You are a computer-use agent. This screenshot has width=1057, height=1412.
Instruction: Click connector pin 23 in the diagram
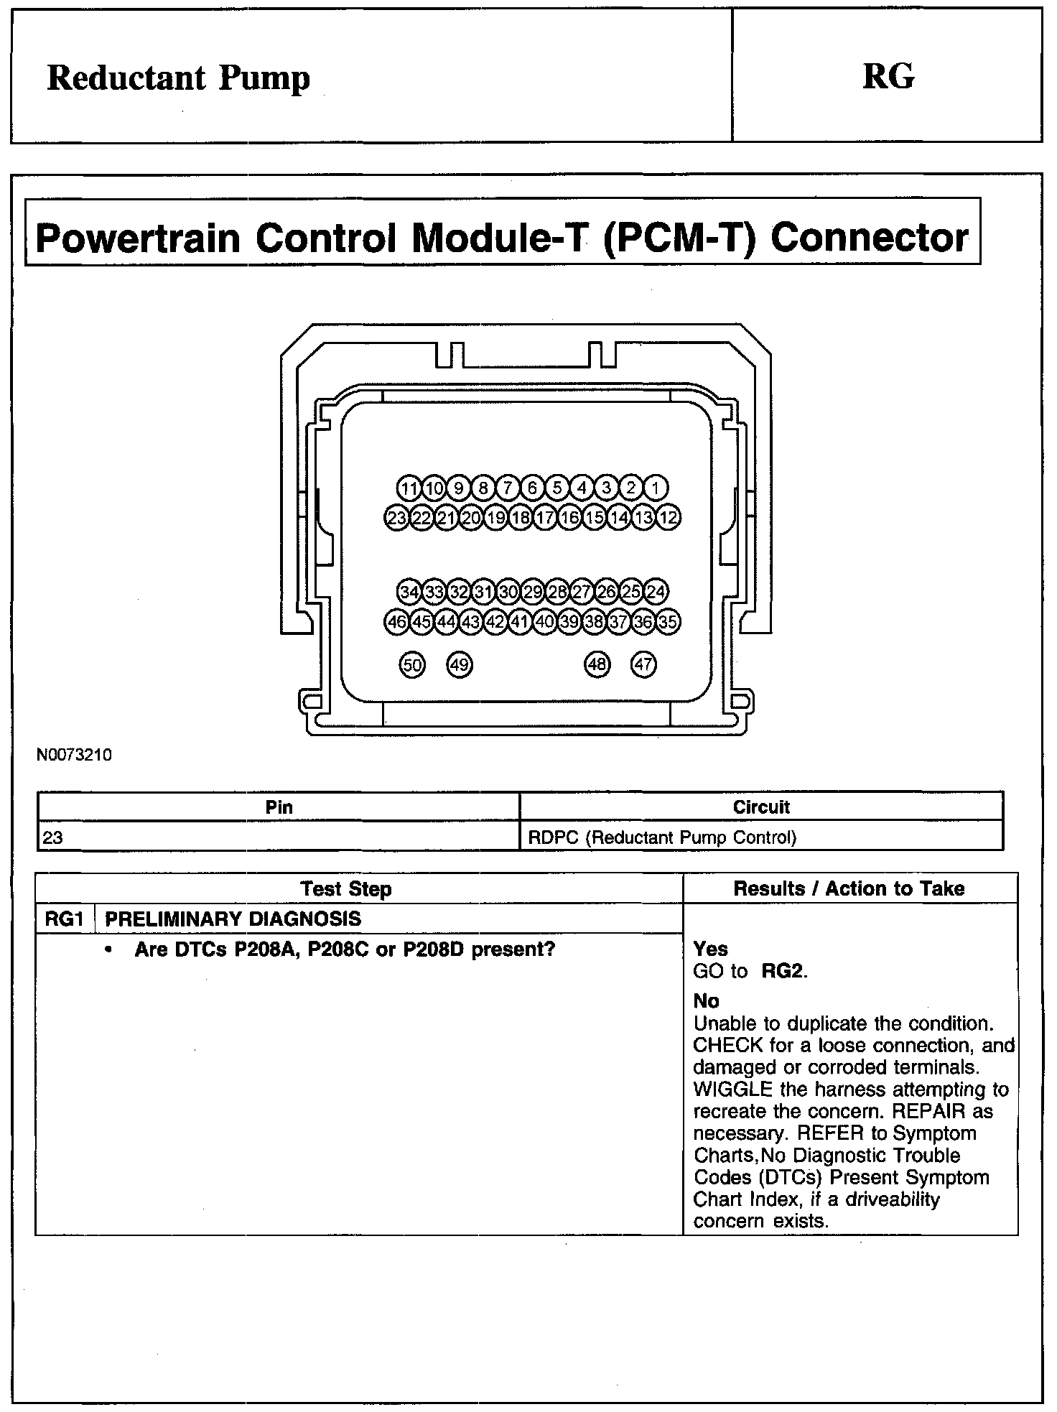[396, 517]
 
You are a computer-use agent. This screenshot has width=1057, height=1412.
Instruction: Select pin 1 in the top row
[656, 488]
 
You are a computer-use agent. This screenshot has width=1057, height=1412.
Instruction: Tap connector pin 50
[411, 665]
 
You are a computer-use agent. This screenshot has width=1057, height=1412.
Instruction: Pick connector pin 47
[643, 665]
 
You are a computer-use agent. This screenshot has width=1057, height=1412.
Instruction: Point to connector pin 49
[460, 665]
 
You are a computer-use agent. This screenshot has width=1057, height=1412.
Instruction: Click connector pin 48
[597, 665]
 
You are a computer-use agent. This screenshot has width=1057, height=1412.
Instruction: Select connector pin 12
[669, 517]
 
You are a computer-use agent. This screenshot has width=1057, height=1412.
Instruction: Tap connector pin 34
[409, 593]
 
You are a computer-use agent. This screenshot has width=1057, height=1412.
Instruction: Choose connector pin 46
[396, 622]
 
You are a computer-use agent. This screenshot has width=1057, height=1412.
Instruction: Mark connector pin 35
[669, 622]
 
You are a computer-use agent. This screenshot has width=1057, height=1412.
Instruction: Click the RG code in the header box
[888, 76]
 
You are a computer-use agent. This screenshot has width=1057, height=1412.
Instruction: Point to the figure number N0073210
[75, 756]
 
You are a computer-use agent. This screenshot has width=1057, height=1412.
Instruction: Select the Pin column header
[279, 807]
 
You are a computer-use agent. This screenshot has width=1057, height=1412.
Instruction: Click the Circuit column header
[761, 807]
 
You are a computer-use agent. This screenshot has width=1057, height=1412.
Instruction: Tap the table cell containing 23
[52, 837]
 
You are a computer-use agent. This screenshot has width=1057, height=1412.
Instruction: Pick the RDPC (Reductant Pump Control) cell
[662, 837]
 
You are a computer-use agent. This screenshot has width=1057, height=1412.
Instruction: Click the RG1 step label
[64, 919]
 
